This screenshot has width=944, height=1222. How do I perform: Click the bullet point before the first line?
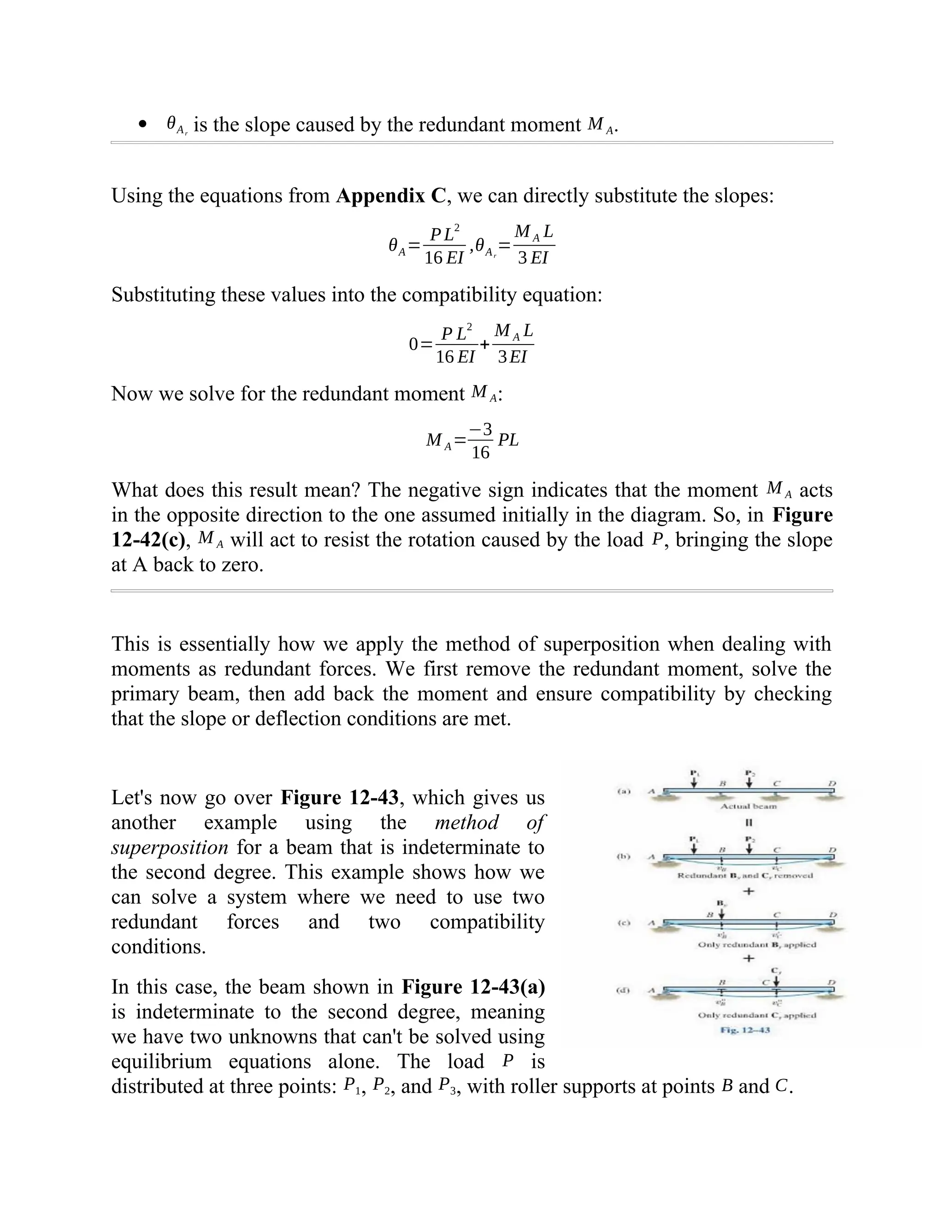(144, 124)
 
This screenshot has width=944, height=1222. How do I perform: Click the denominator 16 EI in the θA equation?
(444, 258)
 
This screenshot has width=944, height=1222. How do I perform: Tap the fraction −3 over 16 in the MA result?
(480, 441)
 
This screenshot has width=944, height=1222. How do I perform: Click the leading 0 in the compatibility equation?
(413, 344)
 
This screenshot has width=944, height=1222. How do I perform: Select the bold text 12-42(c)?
(148, 540)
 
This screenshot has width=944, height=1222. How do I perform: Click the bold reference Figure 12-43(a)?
(473, 986)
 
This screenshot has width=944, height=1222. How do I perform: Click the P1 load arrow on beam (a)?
(693, 781)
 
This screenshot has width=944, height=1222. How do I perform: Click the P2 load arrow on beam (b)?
(749, 847)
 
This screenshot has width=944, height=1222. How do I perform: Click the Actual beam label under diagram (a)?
(748, 806)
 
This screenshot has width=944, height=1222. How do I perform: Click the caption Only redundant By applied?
(757, 944)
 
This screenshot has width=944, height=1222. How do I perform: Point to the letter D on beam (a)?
(832, 783)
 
